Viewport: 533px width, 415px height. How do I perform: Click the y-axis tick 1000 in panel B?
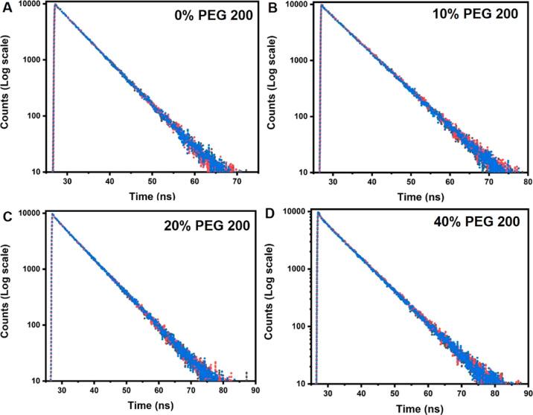(301, 60)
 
